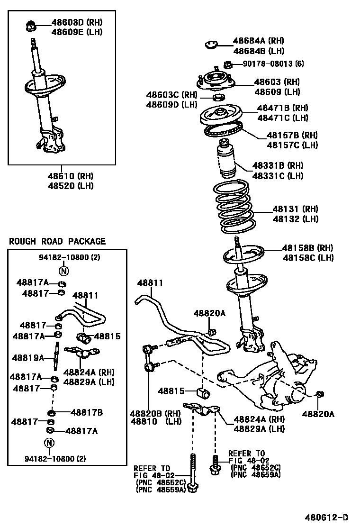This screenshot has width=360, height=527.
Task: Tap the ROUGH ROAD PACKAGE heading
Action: pyautogui.click(x=57, y=241)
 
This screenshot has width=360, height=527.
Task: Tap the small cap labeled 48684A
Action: pyautogui.click(x=211, y=45)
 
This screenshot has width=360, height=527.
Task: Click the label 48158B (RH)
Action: pyautogui.click(x=308, y=247)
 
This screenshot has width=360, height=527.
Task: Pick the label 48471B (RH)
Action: pyautogui.click(x=282, y=108)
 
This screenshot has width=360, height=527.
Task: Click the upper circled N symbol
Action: pyautogui.click(x=63, y=271)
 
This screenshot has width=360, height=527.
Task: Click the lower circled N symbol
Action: pyautogui.click(x=49, y=443)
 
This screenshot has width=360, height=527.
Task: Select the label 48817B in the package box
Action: pyautogui.click(x=87, y=412)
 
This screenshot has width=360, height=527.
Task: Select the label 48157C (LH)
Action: pyautogui.click(x=292, y=145)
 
